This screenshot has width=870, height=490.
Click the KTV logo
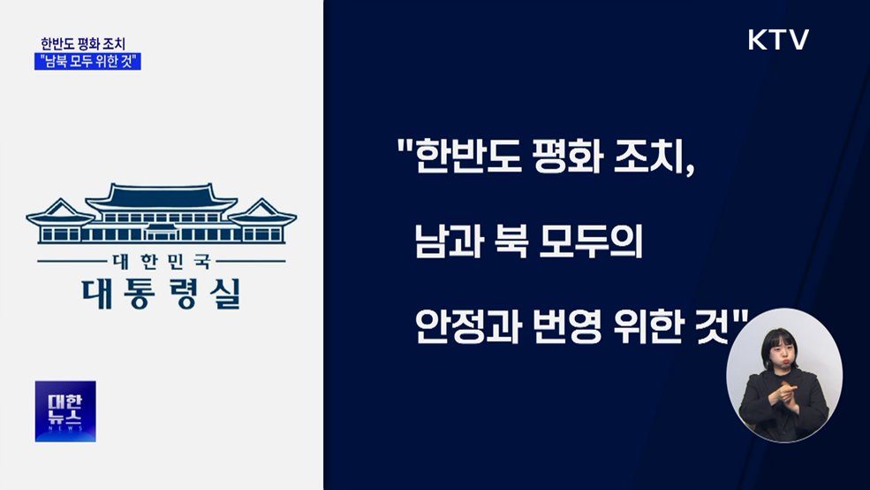click(778, 40)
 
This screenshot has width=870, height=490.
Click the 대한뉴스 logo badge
click(65, 411)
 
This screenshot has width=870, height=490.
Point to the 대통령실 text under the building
click(160, 292)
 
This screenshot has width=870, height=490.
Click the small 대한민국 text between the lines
click(161, 262)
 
